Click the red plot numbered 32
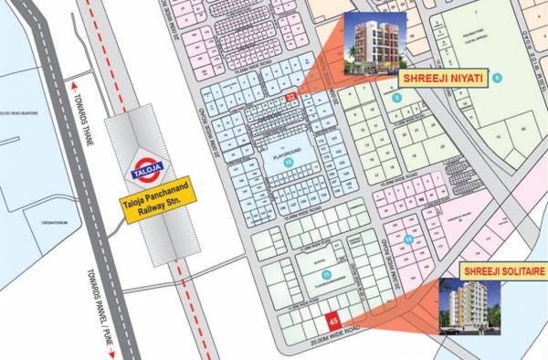[x=291, y=96]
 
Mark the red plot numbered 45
[x=333, y=321]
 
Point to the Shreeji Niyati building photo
[x=374, y=46]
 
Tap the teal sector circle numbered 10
[x=289, y=162]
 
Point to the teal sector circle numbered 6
[x=497, y=79]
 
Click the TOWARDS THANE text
[x=76, y=111]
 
